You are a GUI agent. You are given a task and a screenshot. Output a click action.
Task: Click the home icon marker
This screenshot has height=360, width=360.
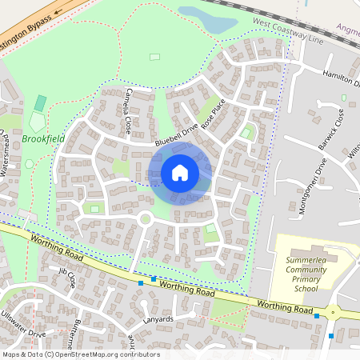pyautogui.click(x=180, y=173)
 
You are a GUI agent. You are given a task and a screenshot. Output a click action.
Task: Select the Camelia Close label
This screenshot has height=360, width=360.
pyautogui.click(x=127, y=110)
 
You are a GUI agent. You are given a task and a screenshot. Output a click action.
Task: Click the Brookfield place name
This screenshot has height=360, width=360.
pyautogui.click(x=43, y=138)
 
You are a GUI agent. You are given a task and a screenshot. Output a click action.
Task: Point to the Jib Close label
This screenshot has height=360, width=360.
pyautogui.click(x=66, y=278)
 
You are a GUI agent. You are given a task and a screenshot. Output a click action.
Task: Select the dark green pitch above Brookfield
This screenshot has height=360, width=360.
pyautogui.click(x=40, y=103)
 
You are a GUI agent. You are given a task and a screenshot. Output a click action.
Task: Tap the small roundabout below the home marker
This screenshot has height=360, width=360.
pyautogui.click(x=145, y=219)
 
